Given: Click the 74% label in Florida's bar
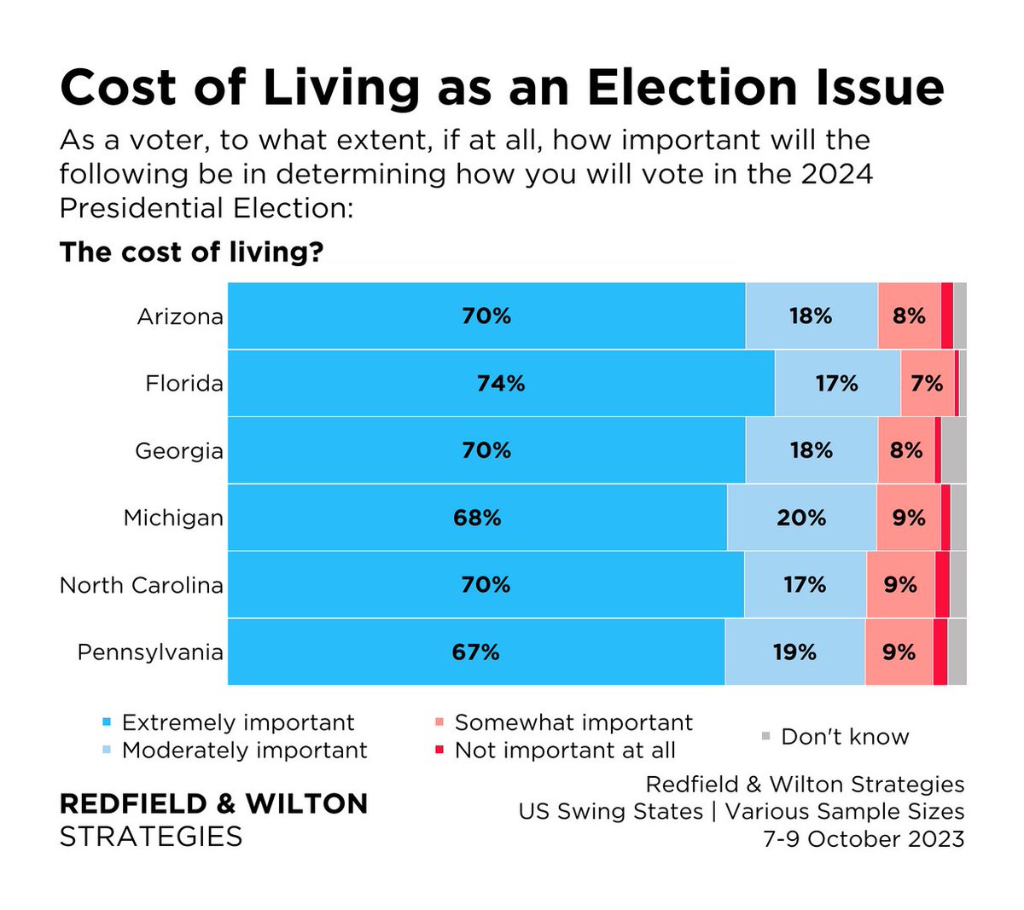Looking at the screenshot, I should (501, 384).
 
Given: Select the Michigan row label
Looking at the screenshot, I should (173, 518).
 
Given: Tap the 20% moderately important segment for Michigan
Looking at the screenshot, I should (801, 518).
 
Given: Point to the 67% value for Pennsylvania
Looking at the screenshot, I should (475, 652).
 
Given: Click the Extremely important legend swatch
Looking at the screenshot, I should (107, 722).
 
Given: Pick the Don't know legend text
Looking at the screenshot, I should (845, 737).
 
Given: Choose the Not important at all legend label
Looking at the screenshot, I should (565, 751).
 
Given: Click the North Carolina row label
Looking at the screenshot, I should (142, 585).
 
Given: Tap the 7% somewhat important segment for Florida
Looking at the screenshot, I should (927, 384).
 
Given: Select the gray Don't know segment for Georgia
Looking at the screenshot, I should (954, 450).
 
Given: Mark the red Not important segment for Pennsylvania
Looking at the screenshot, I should (940, 652).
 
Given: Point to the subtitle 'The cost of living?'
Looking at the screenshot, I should (191, 252).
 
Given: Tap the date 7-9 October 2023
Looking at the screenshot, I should (864, 838).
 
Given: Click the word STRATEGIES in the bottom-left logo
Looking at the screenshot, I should (151, 836).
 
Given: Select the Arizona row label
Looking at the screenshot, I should (180, 316).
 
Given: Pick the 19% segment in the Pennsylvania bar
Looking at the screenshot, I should (794, 652).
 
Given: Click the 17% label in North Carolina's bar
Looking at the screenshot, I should (805, 585).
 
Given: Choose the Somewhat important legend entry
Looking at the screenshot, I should (573, 723).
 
